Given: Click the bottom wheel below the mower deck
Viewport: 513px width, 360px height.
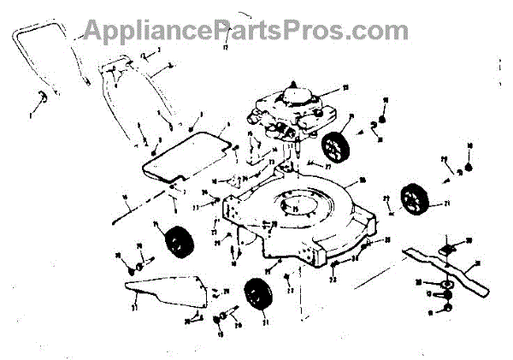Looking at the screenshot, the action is (x=254, y=296).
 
